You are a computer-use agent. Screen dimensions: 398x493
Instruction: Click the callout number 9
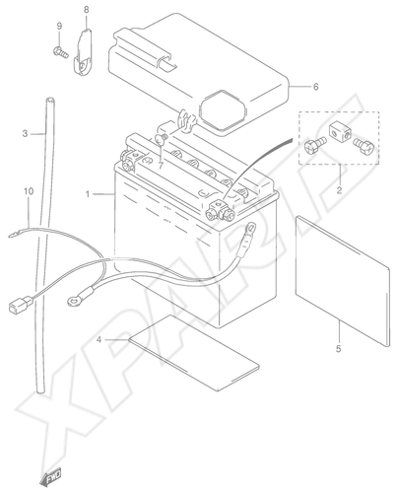(x=59, y=26)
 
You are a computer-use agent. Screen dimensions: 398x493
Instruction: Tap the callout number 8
(x=86, y=10)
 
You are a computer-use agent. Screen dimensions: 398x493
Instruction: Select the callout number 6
(x=315, y=87)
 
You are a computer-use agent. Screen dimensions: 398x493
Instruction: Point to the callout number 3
(x=25, y=134)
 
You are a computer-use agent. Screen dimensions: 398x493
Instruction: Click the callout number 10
(x=29, y=191)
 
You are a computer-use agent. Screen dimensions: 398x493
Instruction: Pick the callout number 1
(x=88, y=194)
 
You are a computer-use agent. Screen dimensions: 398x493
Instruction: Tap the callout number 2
(x=339, y=190)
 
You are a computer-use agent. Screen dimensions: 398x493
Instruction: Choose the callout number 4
(x=99, y=340)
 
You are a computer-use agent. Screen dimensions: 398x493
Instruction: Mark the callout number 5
(x=339, y=348)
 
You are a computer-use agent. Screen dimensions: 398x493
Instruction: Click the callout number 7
(x=161, y=166)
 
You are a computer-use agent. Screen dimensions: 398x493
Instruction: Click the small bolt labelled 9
(x=60, y=52)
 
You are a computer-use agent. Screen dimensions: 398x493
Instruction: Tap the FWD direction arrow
(x=51, y=475)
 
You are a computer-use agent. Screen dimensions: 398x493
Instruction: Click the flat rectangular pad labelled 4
(x=194, y=353)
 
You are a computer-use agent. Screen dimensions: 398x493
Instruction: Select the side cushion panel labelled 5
(x=343, y=281)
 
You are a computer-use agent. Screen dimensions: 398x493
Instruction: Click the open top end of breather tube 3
(x=49, y=100)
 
